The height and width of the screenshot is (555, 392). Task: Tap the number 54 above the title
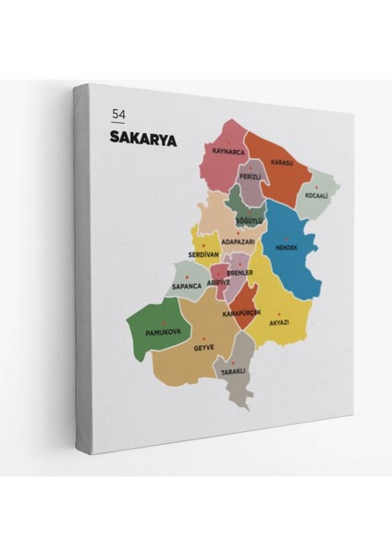[x=117, y=114]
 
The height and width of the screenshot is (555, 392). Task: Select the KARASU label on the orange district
[x=282, y=162]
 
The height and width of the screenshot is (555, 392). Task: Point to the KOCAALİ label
[x=317, y=196]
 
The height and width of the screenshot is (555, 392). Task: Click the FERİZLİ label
[x=251, y=176]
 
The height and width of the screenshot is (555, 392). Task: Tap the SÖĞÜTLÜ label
[x=250, y=221]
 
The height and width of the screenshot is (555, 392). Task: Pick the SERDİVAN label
[x=203, y=254]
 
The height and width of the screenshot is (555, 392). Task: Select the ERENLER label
[x=240, y=273]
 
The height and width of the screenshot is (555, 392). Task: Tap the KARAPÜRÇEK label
[x=242, y=313]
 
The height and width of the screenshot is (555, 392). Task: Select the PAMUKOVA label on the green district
[x=165, y=331]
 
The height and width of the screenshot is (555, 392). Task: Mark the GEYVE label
[x=203, y=347]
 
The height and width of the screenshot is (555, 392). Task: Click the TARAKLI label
[x=232, y=371]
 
